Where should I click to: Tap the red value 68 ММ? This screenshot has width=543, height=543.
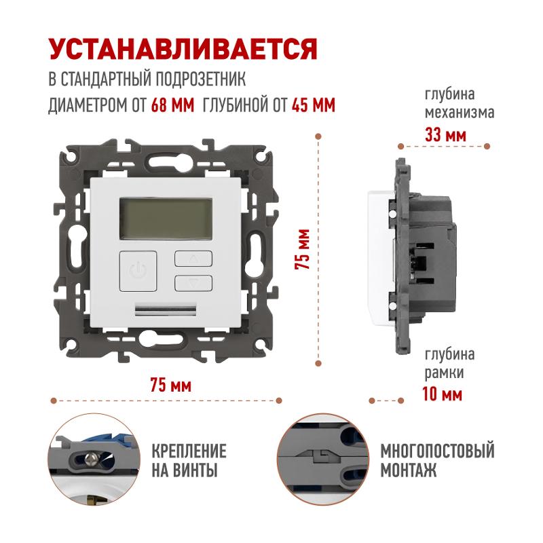pyautogui.click(x=172, y=105)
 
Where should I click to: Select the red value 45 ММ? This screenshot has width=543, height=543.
pyautogui.click(x=314, y=105)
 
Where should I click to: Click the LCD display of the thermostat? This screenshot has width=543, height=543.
pyautogui.click(x=166, y=219)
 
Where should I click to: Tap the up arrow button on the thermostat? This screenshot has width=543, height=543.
pyautogui.click(x=193, y=259)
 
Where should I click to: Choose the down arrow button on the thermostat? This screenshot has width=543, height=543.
pyautogui.click(x=193, y=283)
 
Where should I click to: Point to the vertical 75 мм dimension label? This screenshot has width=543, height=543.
pyautogui.click(x=302, y=249)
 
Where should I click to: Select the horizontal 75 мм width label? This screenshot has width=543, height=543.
pyautogui.click(x=171, y=385)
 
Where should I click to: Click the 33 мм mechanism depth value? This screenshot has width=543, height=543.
pyautogui.click(x=446, y=134)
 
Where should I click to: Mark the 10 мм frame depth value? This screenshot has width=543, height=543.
pyautogui.click(x=443, y=394)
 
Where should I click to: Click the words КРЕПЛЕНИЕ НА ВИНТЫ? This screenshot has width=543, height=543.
pyautogui.click(x=189, y=460)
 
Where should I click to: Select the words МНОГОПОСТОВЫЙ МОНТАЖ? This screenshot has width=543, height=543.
pyautogui.click(x=438, y=460)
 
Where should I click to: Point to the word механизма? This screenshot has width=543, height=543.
pyautogui.click(x=460, y=113)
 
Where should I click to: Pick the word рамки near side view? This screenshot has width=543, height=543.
pyautogui.click(x=444, y=373)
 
